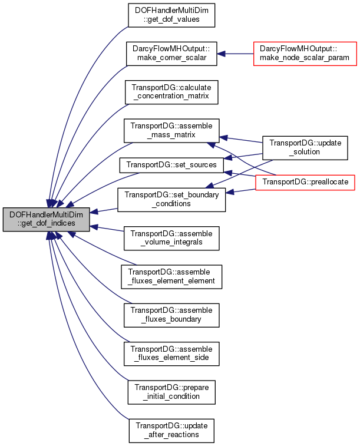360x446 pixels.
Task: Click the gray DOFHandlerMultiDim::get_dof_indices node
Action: [46, 219]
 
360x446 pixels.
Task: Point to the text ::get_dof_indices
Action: [46, 224]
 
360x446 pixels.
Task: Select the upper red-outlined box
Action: [305, 54]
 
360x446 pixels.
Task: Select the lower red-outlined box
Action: [305, 183]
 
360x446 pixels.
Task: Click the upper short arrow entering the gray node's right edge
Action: [103, 210]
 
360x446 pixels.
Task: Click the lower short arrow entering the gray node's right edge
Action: [106, 229]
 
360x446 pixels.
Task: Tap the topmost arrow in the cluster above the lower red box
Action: [240, 140]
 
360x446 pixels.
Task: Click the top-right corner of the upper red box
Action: [356, 42]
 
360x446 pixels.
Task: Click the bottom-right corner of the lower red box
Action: [355, 190]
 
